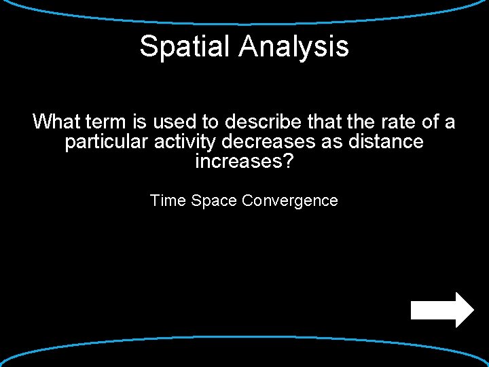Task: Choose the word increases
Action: pos(236,162)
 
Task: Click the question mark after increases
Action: pos(289,162)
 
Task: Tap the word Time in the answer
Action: pos(168,200)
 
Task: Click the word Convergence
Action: pos(290,200)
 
